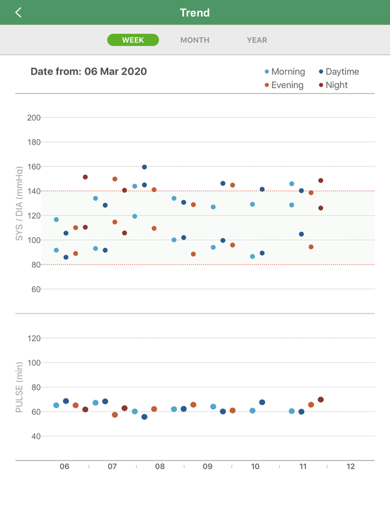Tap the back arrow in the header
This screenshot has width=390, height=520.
coord(18,12)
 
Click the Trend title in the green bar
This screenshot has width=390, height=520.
coord(195,12)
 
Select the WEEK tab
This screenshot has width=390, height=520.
coord(133,40)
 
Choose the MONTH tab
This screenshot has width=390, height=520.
coord(195,40)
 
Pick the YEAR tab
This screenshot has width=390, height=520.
coord(257,40)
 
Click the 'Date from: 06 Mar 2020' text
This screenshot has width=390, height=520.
coord(89,71)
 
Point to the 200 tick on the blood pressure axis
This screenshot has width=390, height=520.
coord(34,117)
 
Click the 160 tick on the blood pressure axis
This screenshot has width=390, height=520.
coord(34,166)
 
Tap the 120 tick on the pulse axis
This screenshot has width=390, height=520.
coord(34,338)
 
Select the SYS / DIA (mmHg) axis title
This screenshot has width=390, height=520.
coord(19,204)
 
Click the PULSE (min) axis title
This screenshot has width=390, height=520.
coord(19,387)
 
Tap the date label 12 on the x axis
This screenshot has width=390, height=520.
coord(350,467)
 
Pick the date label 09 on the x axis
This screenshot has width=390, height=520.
coord(208,467)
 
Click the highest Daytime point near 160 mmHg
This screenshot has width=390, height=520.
coord(144,167)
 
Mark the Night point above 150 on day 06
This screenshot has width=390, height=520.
coord(85,177)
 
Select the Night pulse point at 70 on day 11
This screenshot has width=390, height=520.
coord(320,400)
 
